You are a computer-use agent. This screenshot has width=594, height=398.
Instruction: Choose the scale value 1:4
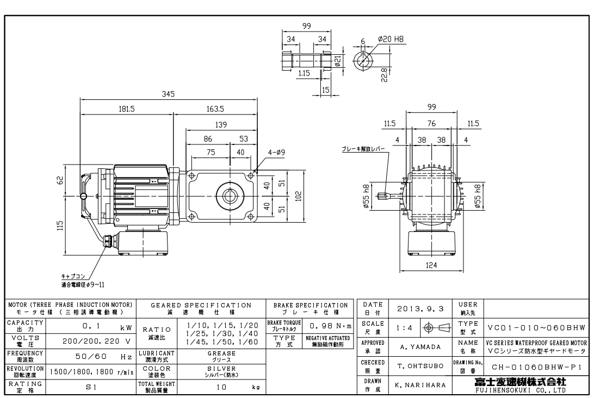(403, 327)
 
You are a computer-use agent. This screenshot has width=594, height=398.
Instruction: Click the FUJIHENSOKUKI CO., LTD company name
(524, 389)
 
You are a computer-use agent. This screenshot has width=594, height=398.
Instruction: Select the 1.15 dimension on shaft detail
(304, 73)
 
